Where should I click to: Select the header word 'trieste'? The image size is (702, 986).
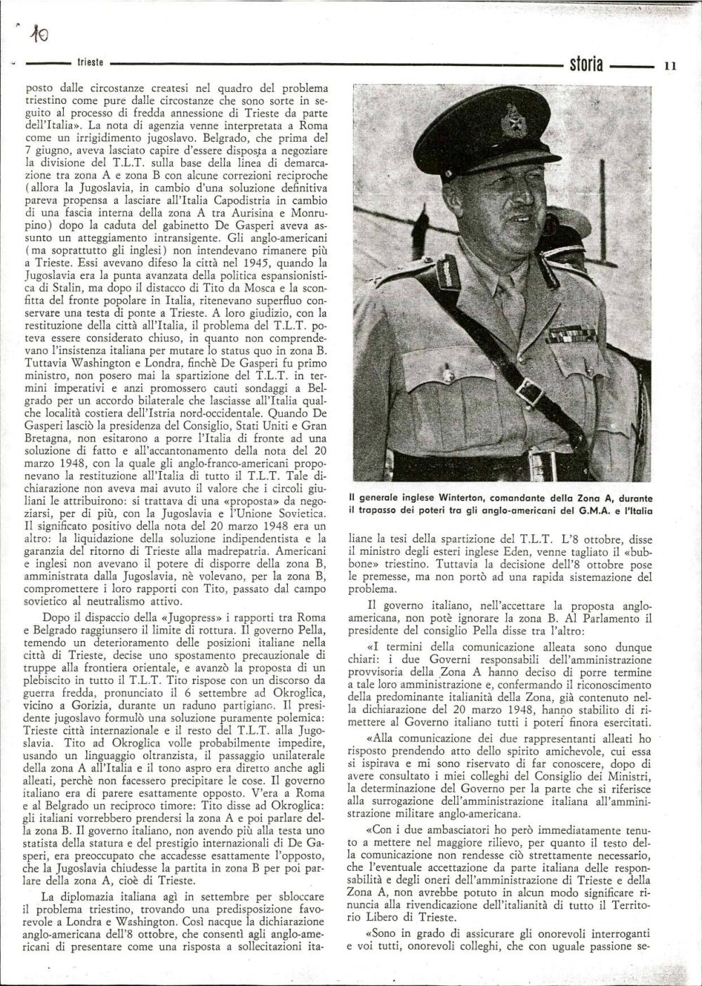click(91, 63)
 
